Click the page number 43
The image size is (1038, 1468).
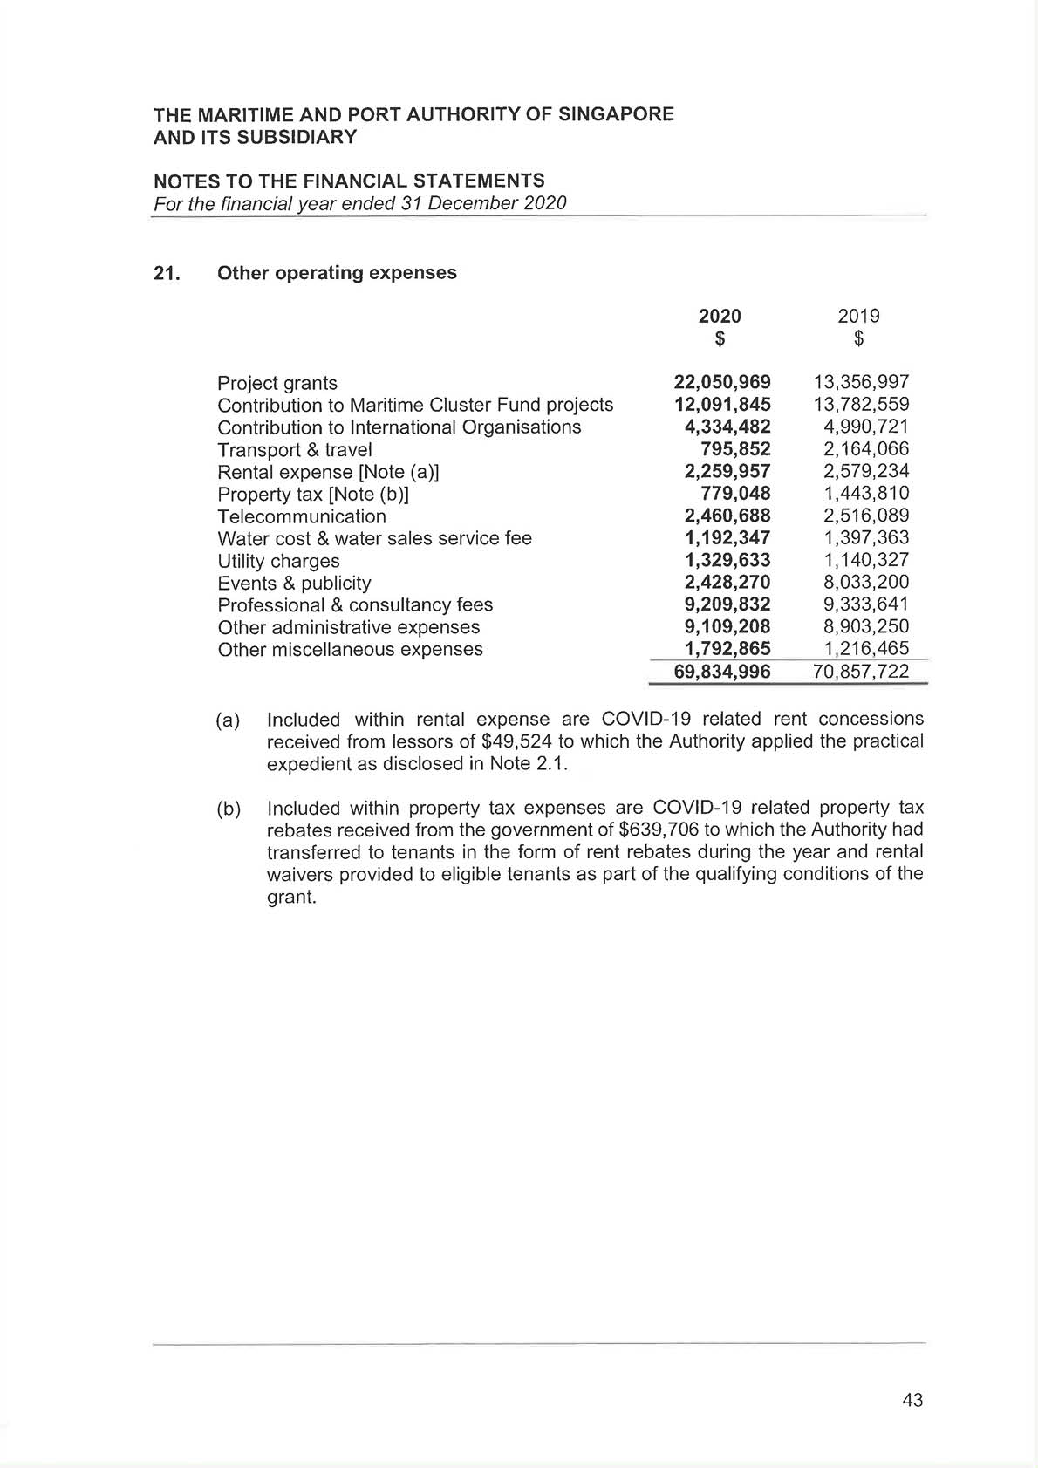click(912, 1400)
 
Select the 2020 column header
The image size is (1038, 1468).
click(720, 316)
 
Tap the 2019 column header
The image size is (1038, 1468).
click(858, 316)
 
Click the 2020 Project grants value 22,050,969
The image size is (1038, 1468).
click(722, 382)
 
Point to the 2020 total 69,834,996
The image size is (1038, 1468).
click(722, 672)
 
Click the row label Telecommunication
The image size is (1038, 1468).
click(302, 516)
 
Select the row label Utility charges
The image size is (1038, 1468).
click(278, 561)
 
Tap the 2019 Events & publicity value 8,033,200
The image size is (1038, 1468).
click(866, 583)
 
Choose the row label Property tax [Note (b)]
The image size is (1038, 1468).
click(313, 495)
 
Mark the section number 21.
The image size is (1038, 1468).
click(166, 273)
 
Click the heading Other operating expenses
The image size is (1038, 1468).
click(337, 273)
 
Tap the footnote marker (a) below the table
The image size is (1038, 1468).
click(229, 720)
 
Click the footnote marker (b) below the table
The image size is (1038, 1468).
click(229, 809)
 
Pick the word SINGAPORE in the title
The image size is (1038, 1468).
click(615, 114)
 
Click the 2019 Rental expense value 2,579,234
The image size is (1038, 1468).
click(866, 472)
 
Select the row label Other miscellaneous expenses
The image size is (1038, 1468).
click(350, 650)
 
